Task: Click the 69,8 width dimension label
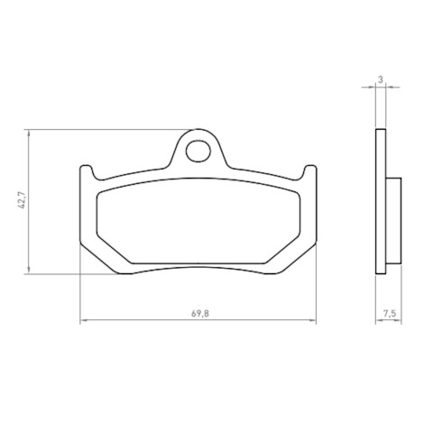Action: pos(200,314)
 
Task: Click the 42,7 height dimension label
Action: pos(22,200)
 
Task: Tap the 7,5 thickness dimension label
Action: pos(390,314)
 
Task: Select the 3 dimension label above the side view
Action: pos(381,80)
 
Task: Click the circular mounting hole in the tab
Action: pos(198,151)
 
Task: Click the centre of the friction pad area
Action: pos(198,221)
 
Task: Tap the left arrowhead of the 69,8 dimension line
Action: pos(84,320)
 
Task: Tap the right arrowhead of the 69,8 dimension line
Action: pos(313,320)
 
